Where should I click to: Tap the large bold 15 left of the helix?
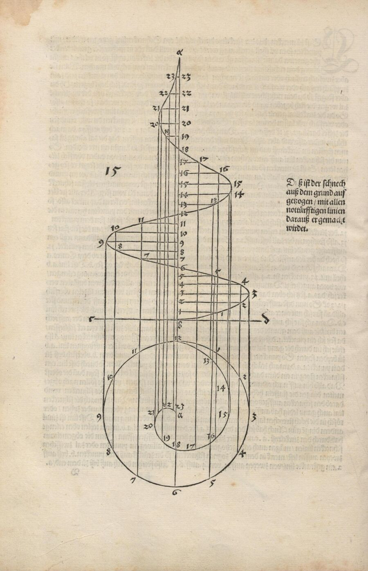(112, 171)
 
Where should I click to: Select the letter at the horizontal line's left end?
(95, 318)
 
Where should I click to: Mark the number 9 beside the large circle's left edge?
(99, 417)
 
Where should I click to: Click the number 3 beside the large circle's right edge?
(254, 418)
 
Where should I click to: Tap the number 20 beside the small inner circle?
(148, 426)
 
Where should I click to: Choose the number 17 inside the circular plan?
(190, 445)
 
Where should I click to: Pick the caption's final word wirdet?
(299, 228)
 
